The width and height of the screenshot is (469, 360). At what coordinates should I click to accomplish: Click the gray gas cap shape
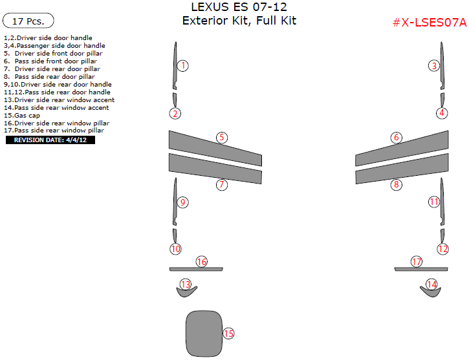[204, 334]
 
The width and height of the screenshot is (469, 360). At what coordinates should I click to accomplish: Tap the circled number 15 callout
[228, 334]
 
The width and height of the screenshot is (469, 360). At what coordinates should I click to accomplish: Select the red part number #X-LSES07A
[430, 23]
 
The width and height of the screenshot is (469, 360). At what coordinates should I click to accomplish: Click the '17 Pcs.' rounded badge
[28, 21]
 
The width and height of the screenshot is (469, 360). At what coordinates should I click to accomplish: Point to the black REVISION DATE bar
[50, 140]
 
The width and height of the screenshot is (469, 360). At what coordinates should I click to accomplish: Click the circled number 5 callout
[222, 138]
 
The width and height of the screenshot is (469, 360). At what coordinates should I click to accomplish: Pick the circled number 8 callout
[397, 184]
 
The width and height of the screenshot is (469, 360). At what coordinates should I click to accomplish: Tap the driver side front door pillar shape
[215, 148]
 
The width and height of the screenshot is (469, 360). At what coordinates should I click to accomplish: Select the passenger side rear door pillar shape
[402, 169]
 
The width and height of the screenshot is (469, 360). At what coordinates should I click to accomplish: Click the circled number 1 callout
[183, 66]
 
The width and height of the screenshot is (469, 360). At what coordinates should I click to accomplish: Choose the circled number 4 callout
[442, 113]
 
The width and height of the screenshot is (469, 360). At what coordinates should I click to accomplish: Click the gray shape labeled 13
[186, 292]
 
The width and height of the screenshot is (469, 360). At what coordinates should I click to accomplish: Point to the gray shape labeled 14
[431, 292]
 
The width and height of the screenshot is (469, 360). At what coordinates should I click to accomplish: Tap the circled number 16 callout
[202, 262]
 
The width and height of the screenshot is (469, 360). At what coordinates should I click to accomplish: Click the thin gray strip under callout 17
[421, 269]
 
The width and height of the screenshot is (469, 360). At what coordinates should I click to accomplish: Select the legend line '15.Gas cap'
[22, 115]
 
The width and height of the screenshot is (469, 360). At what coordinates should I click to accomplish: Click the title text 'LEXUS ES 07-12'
[239, 7]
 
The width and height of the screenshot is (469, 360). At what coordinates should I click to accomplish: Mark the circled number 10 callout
[175, 249]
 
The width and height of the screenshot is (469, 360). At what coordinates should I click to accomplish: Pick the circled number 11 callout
[434, 202]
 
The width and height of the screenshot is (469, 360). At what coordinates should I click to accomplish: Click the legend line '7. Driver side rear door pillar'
[52, 69]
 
